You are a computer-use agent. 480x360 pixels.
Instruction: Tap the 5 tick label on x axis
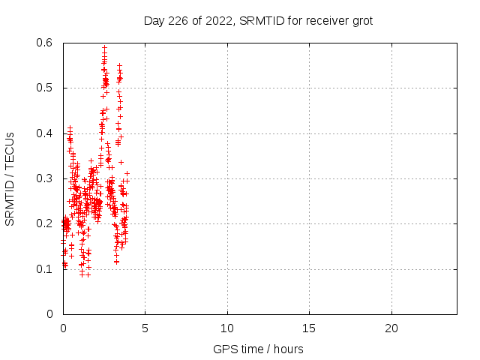[x=145, y=328]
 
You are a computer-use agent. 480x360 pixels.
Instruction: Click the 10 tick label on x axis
[x=226, y=328]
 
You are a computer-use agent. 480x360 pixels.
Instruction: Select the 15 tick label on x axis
[x=309, y=328]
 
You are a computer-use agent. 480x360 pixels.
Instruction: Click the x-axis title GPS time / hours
[x=258, y=349]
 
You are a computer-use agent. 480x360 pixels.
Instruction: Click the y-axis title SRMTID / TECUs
[x=10, y=178]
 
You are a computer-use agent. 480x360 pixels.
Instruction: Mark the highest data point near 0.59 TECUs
[x=104, y=47]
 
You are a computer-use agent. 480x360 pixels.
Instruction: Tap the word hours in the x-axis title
[x=288, y=349]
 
